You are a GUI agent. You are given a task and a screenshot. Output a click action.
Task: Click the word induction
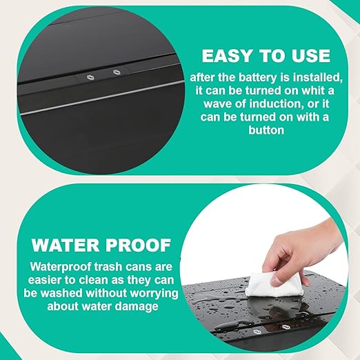(x=275, y=103)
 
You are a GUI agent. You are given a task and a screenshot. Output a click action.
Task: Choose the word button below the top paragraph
(x=266, y=130)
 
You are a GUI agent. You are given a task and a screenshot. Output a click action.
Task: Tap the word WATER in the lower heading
(x=66, y=246)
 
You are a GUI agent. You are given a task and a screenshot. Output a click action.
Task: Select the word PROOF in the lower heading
(x=138, y=246)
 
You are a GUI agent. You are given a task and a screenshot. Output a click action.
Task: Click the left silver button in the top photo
(x=89, y=77)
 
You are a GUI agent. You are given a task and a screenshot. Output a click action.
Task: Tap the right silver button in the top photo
(x=117, y=72)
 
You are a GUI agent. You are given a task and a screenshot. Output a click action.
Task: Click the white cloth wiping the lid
(x=270, y=285)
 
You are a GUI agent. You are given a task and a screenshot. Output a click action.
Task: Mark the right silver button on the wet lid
(x=286, y=327)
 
